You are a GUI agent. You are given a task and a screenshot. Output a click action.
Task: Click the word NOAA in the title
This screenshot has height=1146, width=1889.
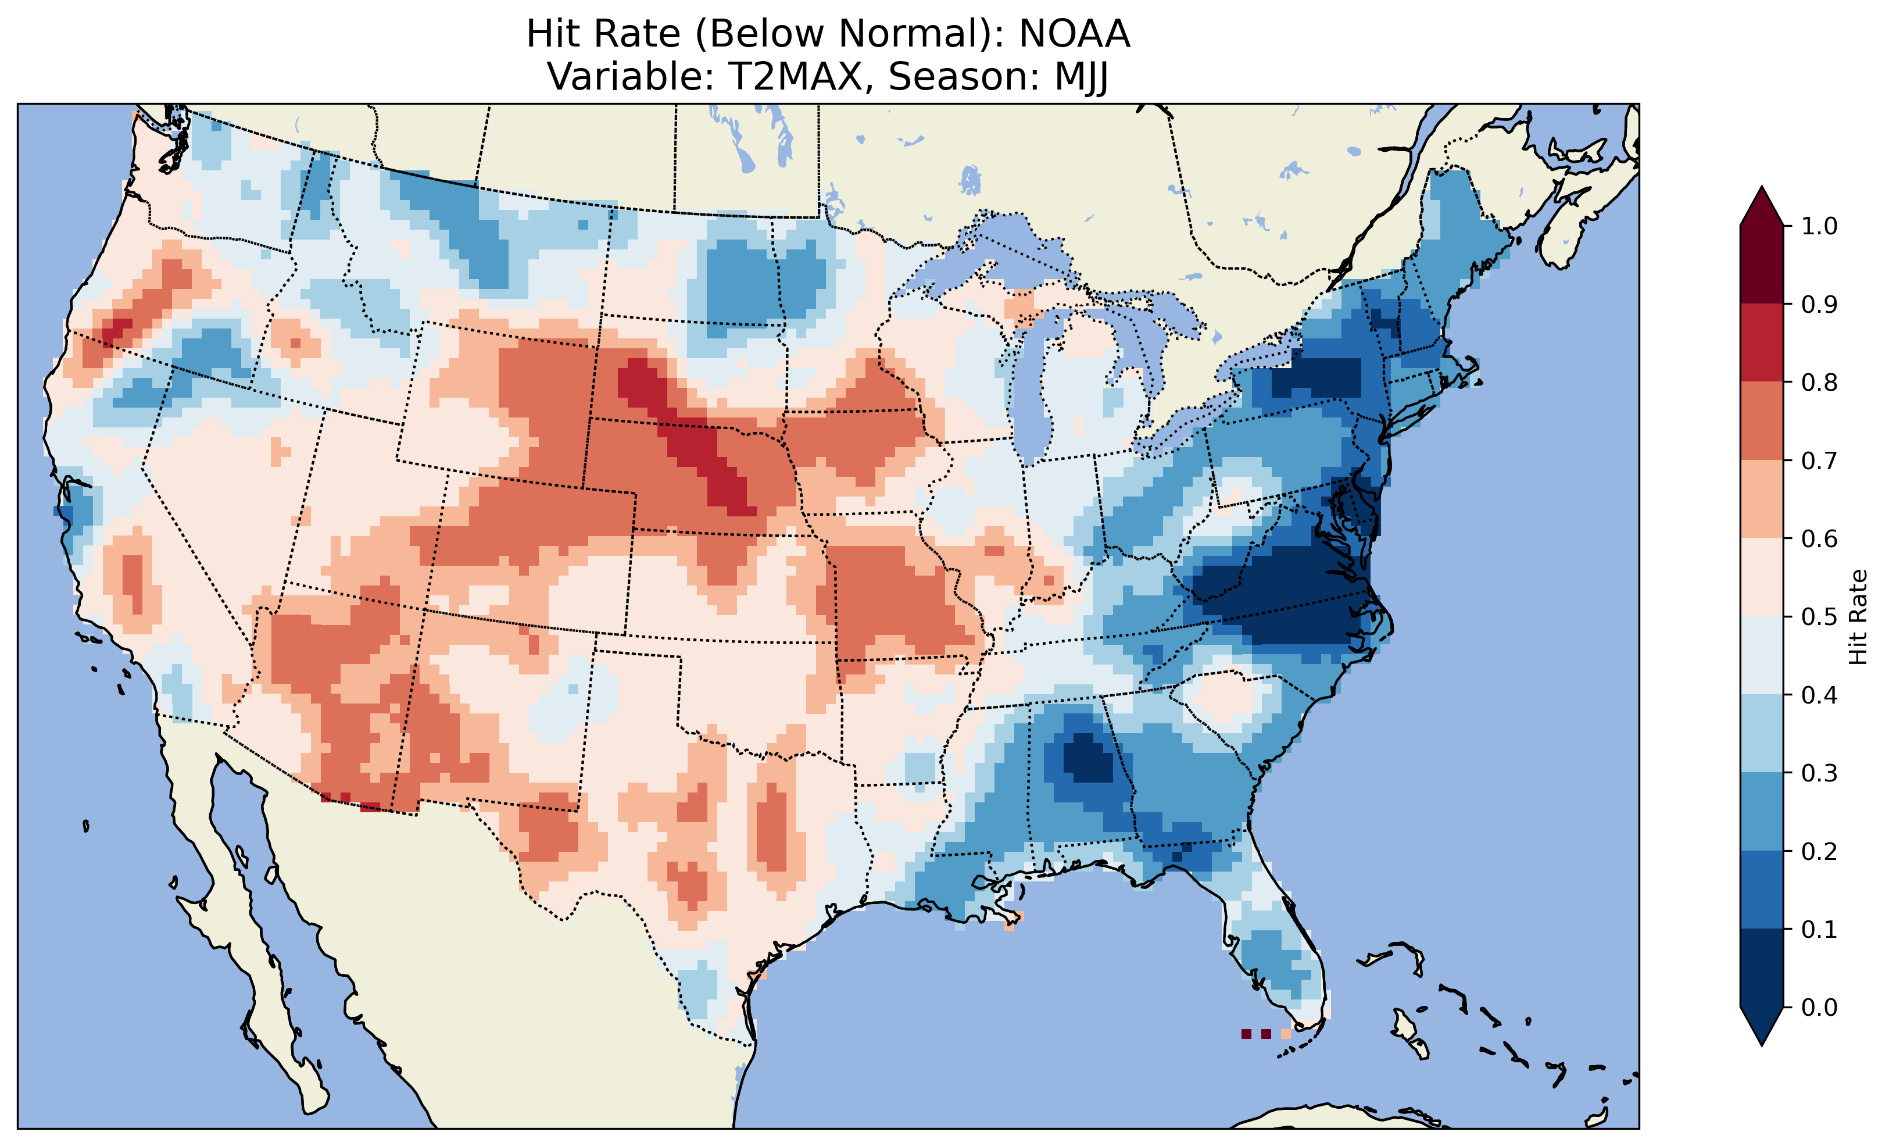tap(1074, 34)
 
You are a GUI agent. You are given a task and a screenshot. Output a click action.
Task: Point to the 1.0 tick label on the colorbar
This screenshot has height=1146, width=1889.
tap(1819, 226)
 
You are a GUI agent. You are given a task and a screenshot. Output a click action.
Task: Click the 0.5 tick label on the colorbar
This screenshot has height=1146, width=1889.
tap(1819, 617)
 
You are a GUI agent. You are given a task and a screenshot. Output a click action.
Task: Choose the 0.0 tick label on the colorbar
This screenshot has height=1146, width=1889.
tap(1819, 1007)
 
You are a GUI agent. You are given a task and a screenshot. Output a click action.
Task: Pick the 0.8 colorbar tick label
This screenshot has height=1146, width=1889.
tap(1819, 382)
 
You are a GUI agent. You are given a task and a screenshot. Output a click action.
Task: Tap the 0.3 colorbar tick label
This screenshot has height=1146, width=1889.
tap(1819, 773)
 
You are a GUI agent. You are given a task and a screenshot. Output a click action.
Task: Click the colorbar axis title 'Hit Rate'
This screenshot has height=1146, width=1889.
tap(1858, 617)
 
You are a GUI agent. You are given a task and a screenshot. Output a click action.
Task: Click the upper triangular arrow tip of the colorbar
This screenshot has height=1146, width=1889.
tap(1762, 204)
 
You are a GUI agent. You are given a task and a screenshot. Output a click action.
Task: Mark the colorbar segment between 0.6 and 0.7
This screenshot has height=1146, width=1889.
tap(1762, 499)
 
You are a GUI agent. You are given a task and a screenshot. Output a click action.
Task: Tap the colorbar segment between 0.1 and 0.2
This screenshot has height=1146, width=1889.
tap(1762, 890)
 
